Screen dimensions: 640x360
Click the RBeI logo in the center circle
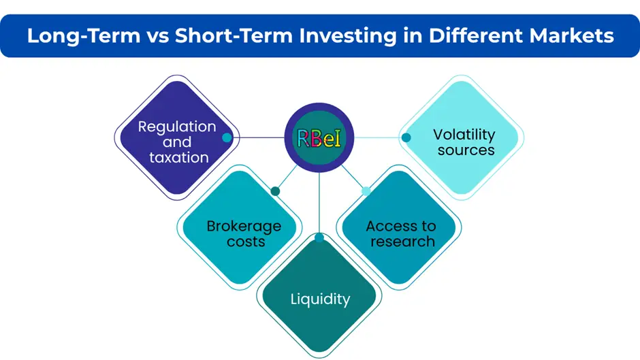(x=319, y=138)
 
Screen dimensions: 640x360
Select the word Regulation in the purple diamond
(x=177, y=127)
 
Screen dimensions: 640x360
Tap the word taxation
(x=179, y=158)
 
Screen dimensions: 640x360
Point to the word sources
(x=466, y=150)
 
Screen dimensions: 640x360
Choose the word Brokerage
(x=244, y=227)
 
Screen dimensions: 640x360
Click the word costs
(x=246, y=242)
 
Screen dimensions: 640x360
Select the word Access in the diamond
(x=388, y=226)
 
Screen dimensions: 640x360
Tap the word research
(x=402, y=242)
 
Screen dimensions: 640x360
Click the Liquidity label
(x=321, y=299)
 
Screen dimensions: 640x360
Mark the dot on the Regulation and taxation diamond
(x=227, y=137)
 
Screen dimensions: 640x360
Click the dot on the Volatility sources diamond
(x=406, y=137)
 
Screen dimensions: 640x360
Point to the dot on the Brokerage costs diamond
(x=275, y=191)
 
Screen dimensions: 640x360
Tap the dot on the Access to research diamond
(x=366, y=191)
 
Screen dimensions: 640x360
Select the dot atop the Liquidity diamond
(x=319, y=238)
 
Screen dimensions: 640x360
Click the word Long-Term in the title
(x=84, y=35)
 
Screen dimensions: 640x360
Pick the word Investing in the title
(x=348, y=36)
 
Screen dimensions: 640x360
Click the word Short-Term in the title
(x=234, y=35)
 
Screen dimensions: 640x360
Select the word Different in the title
(x=476, y=35)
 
